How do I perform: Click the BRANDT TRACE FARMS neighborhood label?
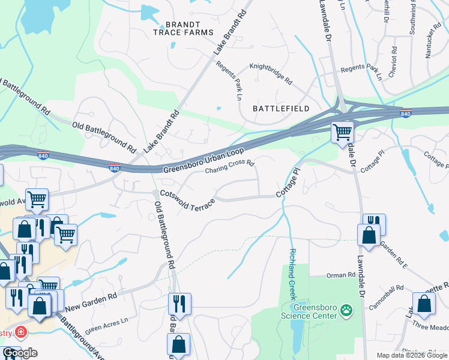point(182,27)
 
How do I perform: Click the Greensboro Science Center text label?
point(310,311)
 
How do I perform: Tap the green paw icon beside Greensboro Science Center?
point(346,310)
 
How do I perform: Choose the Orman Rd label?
point(342,275)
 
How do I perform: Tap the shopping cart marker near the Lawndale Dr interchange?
point(342,132)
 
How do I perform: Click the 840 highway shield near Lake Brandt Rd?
point(115,168)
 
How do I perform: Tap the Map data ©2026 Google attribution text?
point(411,355)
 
